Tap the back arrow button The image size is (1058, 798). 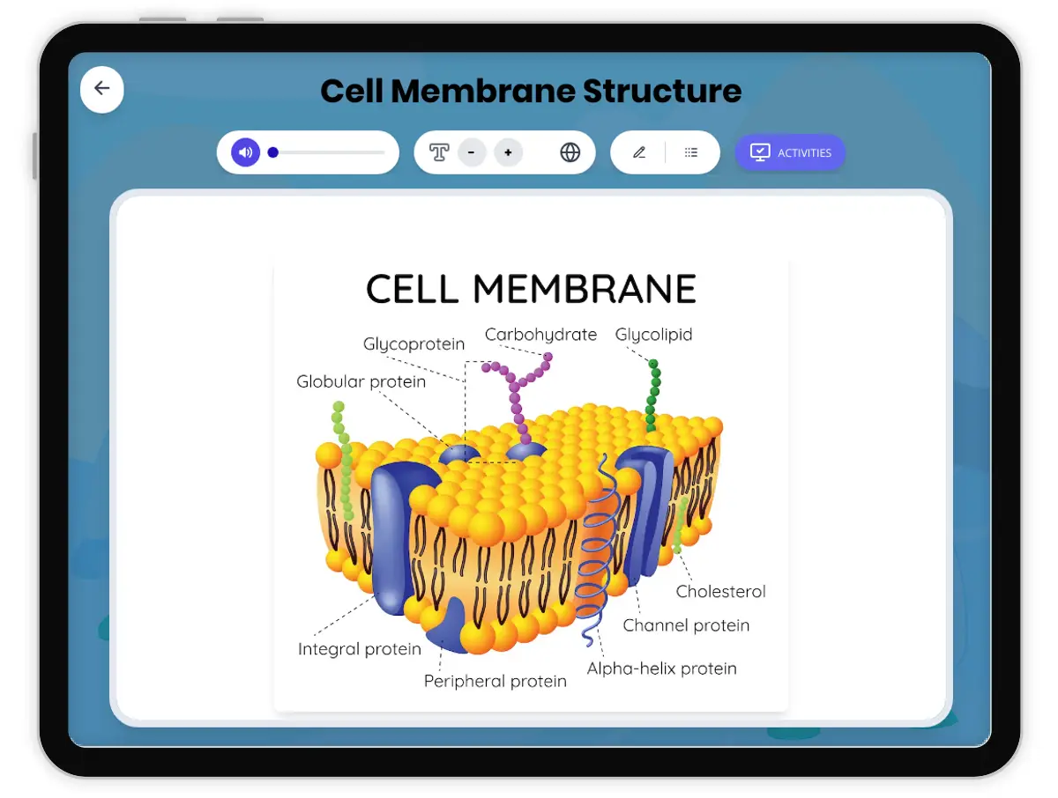click(x=102, y=88)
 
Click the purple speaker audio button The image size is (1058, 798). click(x=246, y=152)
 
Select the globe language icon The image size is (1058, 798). click(x=570, y=152)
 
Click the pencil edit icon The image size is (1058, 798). click(x=639, y=152)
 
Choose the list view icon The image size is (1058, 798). click(x=691, y=152)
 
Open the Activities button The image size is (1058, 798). click(x=790, y=152)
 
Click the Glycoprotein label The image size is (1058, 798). click(x=414, y=344)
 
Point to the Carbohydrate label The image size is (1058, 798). click(x=540, y=335)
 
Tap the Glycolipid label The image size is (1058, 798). click(x=653, y=335)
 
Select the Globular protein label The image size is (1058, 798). click(x=361, y=381)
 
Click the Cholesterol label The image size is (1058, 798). click(x=720, y=591)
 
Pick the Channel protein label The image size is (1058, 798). click(x=686, y=625)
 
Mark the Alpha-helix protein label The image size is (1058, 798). click(x=661, y=669)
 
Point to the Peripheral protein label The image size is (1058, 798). click(x=495, y=681)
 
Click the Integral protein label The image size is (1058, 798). click(x=360, y=649)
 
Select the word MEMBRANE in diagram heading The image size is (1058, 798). click(x=584, y=289)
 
